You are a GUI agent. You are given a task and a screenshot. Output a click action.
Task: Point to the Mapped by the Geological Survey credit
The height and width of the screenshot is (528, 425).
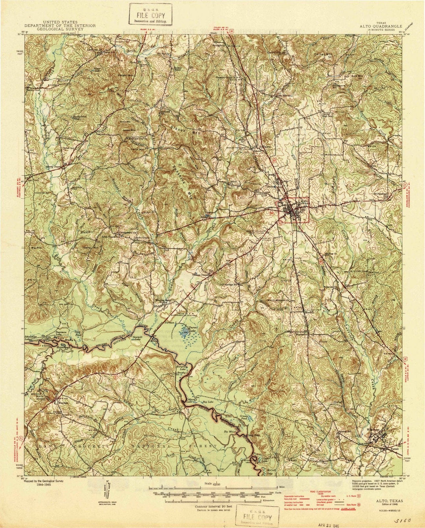click(44, 481)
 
